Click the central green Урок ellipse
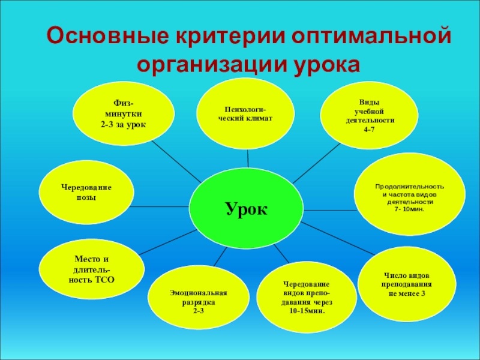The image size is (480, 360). click(x=247, y=207)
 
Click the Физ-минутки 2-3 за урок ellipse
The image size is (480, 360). click(x=124, y=114)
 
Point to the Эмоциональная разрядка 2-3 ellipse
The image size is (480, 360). click(x=199, y=301)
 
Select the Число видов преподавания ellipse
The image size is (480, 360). click(x=407, y=284)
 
